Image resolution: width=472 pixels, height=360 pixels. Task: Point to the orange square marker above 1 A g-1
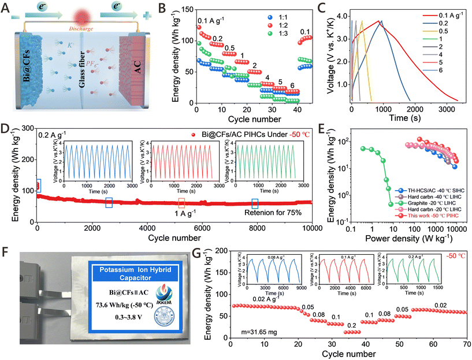pyautogui.click(x=181, y=203)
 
